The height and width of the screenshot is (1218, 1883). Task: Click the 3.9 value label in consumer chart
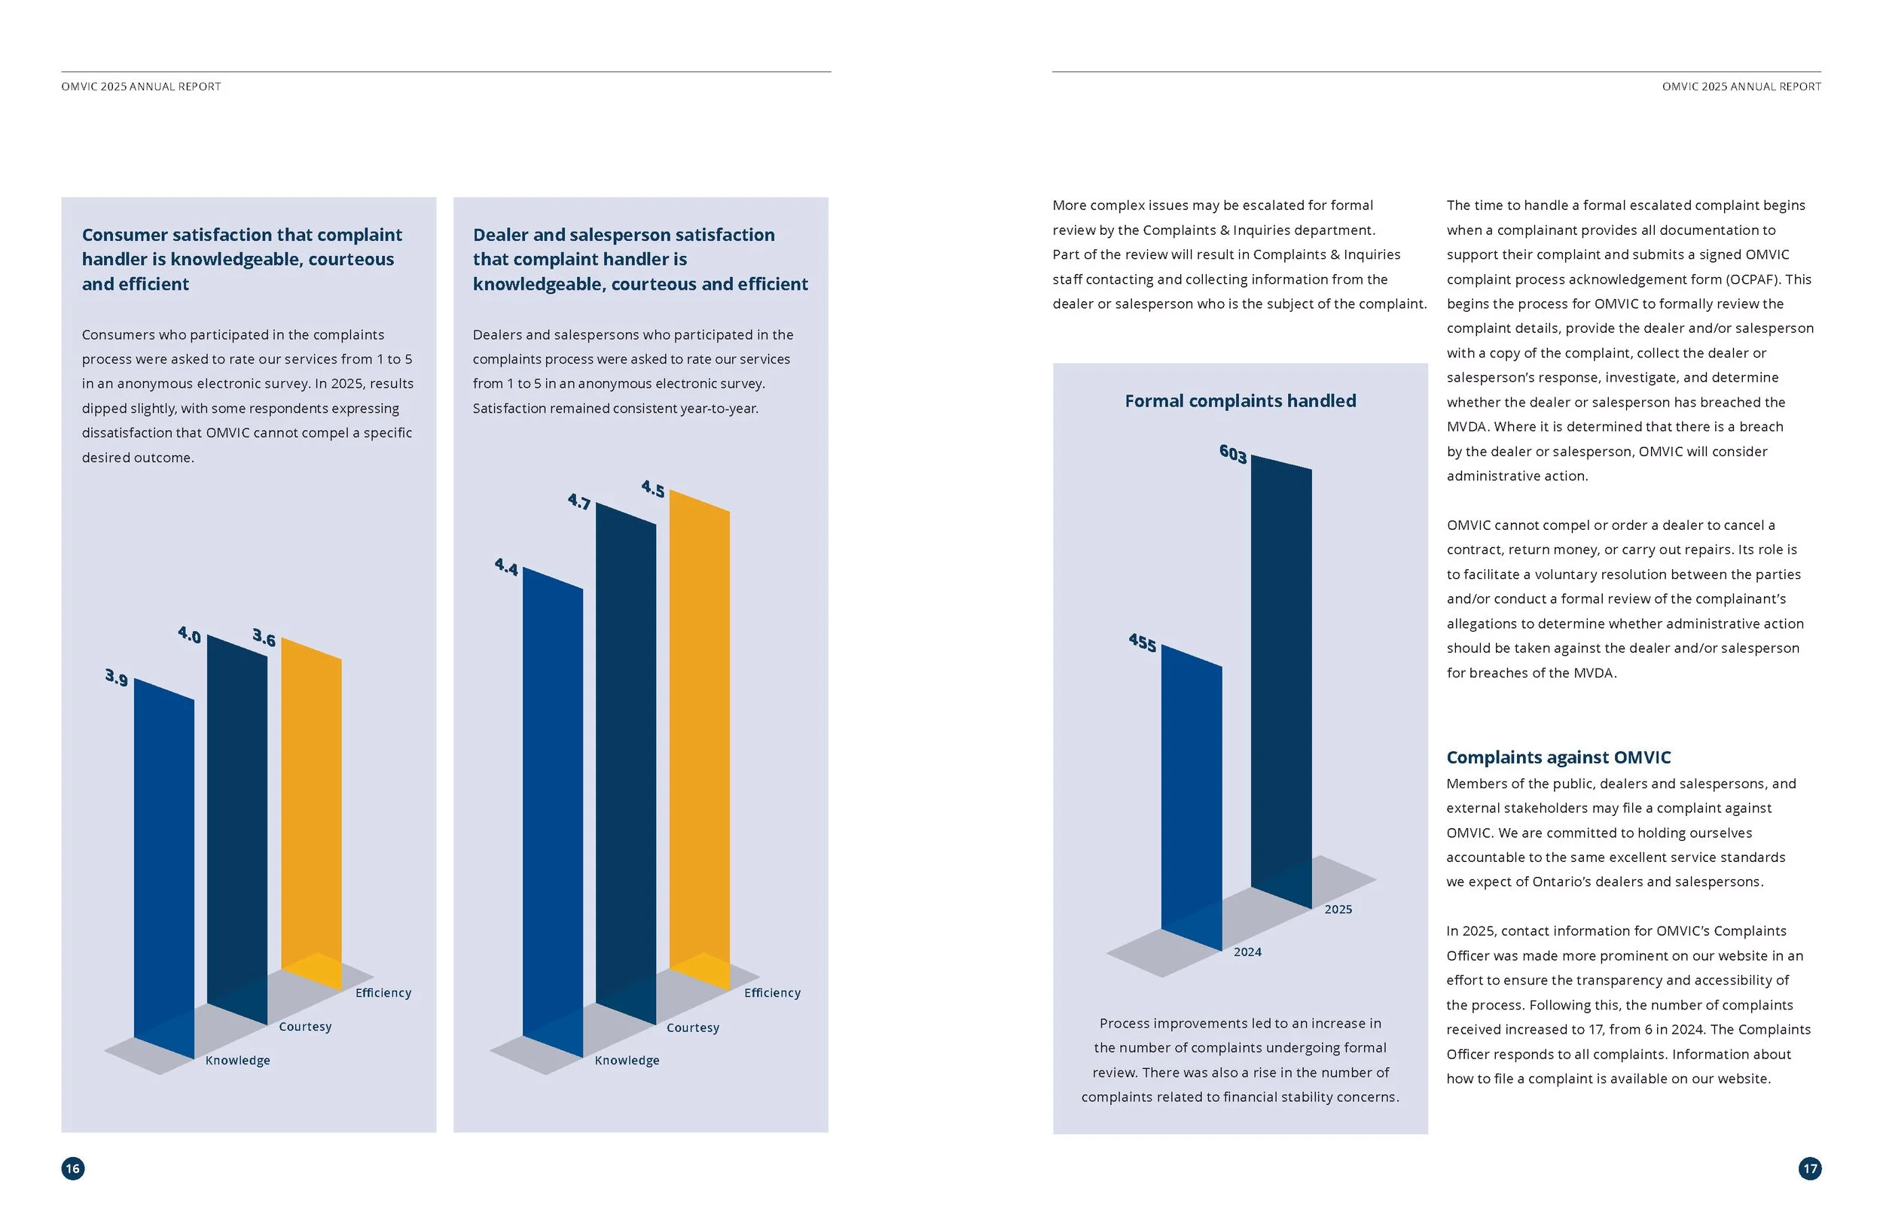click(x=116, y=678)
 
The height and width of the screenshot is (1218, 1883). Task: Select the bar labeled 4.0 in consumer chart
click(x=237, y=830)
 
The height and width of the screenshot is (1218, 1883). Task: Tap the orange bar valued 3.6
click(x=312, y=814)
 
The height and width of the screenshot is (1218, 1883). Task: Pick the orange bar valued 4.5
click(x=700, y=739)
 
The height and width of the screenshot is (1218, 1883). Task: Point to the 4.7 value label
click(x=579, y=501)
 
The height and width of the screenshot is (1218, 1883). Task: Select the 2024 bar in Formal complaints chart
click(x=1192, y=798)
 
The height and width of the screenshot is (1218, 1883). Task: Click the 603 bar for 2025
click(x=1281, y=682)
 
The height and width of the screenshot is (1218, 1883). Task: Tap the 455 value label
click(x=1143, y=642)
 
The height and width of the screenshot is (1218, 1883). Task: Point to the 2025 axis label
click(x=1338, y=909)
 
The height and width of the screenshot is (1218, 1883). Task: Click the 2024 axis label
click(x=1248, y=952)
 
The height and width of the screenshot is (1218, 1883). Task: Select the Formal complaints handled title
click(x=1241, y=401)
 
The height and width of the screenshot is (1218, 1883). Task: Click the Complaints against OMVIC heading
click(x=1558, y=757)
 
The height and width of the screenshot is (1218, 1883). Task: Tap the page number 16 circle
click(x=73, y=1168)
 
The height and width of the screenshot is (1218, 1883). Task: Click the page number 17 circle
click(x=1810, y=1168)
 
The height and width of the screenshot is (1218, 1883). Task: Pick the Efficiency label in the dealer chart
click(x=772, y=993)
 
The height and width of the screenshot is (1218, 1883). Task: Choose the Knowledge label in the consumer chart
click(x=238, y=1061)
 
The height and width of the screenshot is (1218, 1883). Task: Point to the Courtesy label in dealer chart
click(x=693, y=1028)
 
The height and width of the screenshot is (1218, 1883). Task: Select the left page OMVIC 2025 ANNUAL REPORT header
click(x=141, y=87)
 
